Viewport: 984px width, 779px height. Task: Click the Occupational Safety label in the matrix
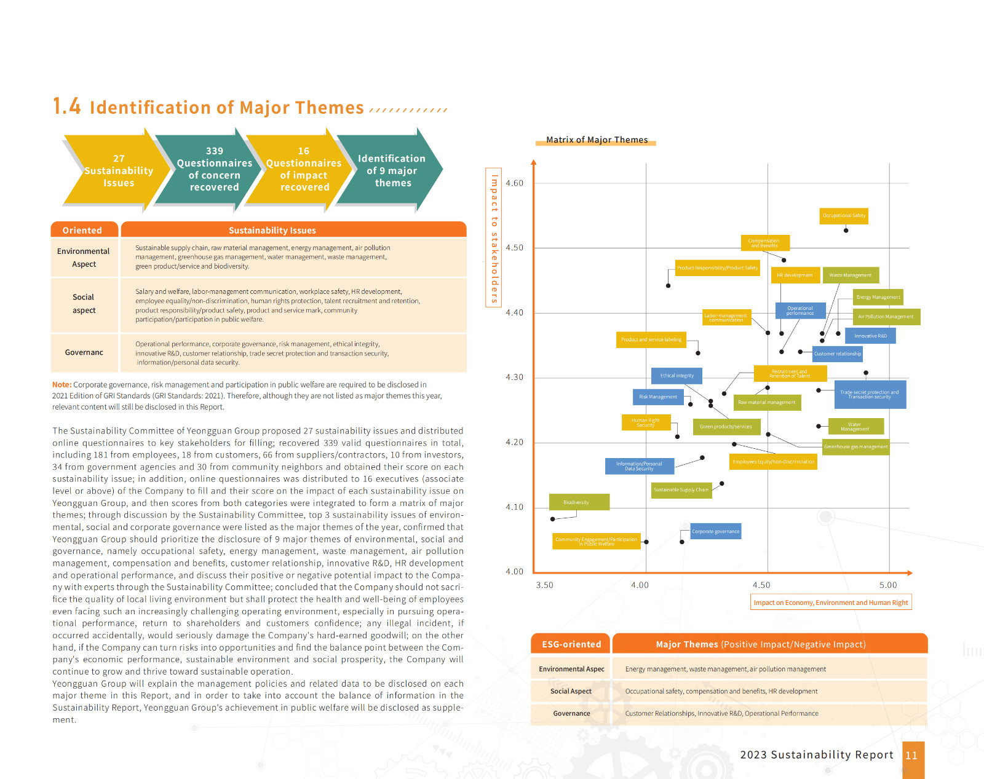844,216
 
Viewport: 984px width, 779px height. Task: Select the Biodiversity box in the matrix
579,502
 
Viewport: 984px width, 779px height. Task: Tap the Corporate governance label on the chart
716,531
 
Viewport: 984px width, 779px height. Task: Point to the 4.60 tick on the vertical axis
515,183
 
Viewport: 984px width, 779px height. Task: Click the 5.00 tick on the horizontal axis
888,585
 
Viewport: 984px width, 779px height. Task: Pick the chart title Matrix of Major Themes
597,140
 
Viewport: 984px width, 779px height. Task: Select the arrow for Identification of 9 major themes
392,171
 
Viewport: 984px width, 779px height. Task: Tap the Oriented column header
82,230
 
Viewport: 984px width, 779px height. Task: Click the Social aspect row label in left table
84,304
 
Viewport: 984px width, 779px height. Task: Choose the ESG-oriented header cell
571,644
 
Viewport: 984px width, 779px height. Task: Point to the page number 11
911,756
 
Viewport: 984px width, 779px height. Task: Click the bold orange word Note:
61,385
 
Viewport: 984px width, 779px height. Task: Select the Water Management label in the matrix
855,427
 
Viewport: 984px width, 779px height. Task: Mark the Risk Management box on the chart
657,397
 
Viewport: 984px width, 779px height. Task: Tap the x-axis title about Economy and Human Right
830,603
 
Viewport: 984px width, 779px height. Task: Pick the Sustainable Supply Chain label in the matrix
681,490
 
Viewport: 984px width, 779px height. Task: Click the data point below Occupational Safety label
846,231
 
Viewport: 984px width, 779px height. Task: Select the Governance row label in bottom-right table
571,714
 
